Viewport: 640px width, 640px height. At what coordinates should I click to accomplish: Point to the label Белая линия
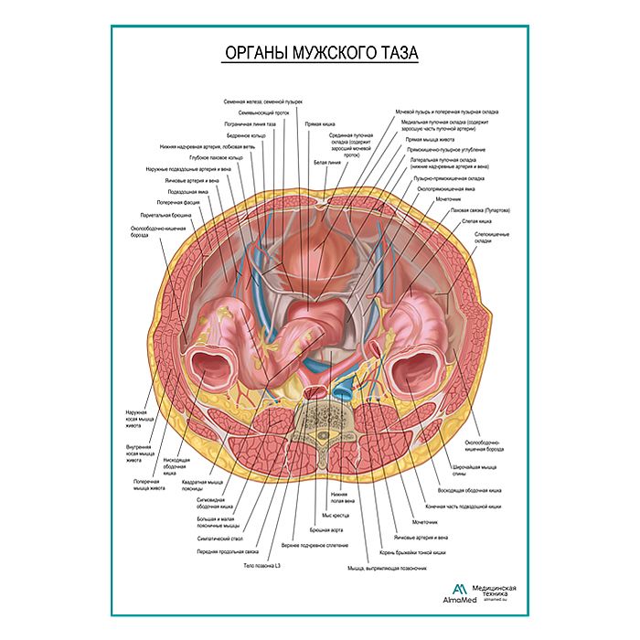326,162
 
